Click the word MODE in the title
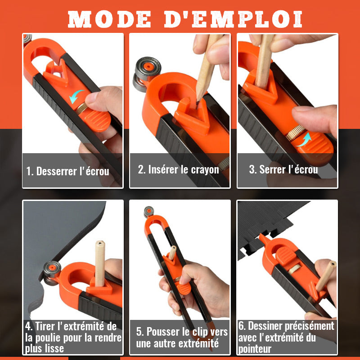(x=109, y=19)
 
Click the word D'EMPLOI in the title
(x=233, y=19)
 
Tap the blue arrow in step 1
(x=76, y=96)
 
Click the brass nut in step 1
(x=81, y=109)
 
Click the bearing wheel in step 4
(x=52, y=273)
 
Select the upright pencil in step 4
(x=100, y=263)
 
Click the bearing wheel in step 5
(x=149, y=211)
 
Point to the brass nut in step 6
(x=295, y=269)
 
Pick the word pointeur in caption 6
(x=255, y=349)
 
